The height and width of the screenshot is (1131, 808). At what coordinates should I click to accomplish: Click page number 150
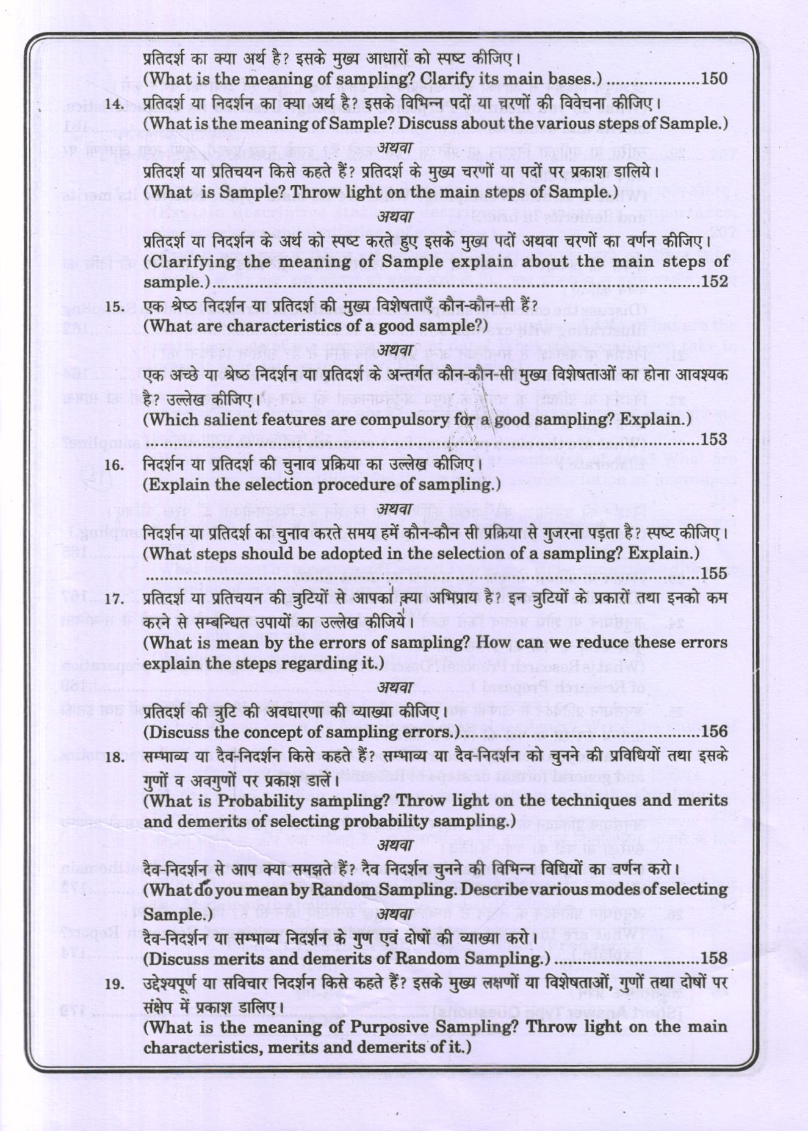(715, 79)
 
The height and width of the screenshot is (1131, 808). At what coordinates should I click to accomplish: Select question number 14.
(114, 104)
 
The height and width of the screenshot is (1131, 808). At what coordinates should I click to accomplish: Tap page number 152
(715, 281)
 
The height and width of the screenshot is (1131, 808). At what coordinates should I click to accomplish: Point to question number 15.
(114, 307)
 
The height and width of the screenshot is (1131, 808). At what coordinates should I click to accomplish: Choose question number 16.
(114, 465)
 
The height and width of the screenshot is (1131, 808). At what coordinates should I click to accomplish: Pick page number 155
(715, 573)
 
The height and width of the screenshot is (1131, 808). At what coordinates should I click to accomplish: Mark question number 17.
(114, 599)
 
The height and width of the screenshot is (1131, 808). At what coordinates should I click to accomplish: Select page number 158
(715, 958)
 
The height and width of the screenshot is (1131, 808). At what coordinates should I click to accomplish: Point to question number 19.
(114, 984)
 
